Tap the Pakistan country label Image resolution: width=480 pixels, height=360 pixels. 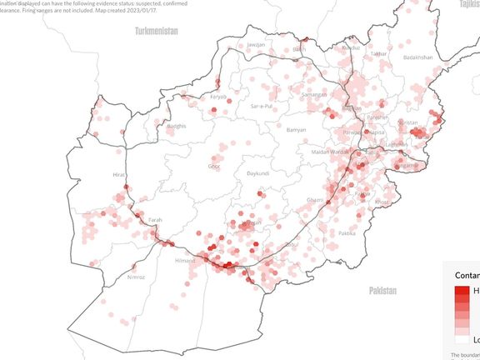(x=382, y=291)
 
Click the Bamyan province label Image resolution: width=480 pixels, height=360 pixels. (x=297, y=130)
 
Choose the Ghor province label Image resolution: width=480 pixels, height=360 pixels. (x=213, y=166)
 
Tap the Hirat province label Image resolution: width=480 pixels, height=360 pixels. (x=118, y=175)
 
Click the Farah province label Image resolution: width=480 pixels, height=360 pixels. (x=155, y=220)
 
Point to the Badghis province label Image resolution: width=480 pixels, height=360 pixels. (x=177, y=127)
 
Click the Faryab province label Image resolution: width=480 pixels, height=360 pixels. (x=218, y=97)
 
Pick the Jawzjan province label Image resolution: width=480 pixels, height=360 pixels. (x=256, y=44)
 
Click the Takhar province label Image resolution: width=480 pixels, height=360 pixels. (x=379, y=53)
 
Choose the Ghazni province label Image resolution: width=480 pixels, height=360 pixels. (x=315, y=200)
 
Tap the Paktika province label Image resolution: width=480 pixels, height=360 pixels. (x=347, y=233)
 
